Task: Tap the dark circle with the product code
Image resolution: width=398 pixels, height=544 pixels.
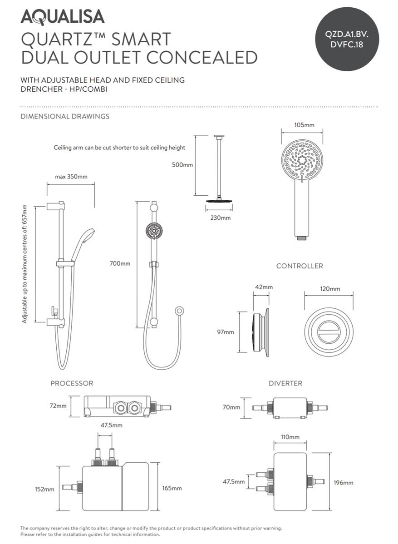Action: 346,39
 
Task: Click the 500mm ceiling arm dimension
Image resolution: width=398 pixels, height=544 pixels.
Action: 182,165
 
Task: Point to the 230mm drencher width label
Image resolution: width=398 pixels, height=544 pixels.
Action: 220,218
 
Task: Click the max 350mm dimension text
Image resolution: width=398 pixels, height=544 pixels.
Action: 71,177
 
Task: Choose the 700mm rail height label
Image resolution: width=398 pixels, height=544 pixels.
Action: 120,263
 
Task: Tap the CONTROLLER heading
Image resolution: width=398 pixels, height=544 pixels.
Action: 300,266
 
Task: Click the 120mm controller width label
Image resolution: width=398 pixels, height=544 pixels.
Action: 329,289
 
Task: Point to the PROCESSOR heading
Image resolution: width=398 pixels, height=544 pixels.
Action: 72,384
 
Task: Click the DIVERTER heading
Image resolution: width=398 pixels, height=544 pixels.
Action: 285,384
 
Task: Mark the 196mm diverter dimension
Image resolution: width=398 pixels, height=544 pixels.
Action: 344,483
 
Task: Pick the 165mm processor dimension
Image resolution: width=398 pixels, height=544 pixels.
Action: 172,488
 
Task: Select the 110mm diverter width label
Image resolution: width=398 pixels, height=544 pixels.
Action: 290,437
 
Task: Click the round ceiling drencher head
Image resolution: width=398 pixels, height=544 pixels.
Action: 220,201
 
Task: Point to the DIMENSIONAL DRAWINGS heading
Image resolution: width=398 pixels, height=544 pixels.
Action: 65,116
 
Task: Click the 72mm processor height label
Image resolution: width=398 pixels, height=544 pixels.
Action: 58,406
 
